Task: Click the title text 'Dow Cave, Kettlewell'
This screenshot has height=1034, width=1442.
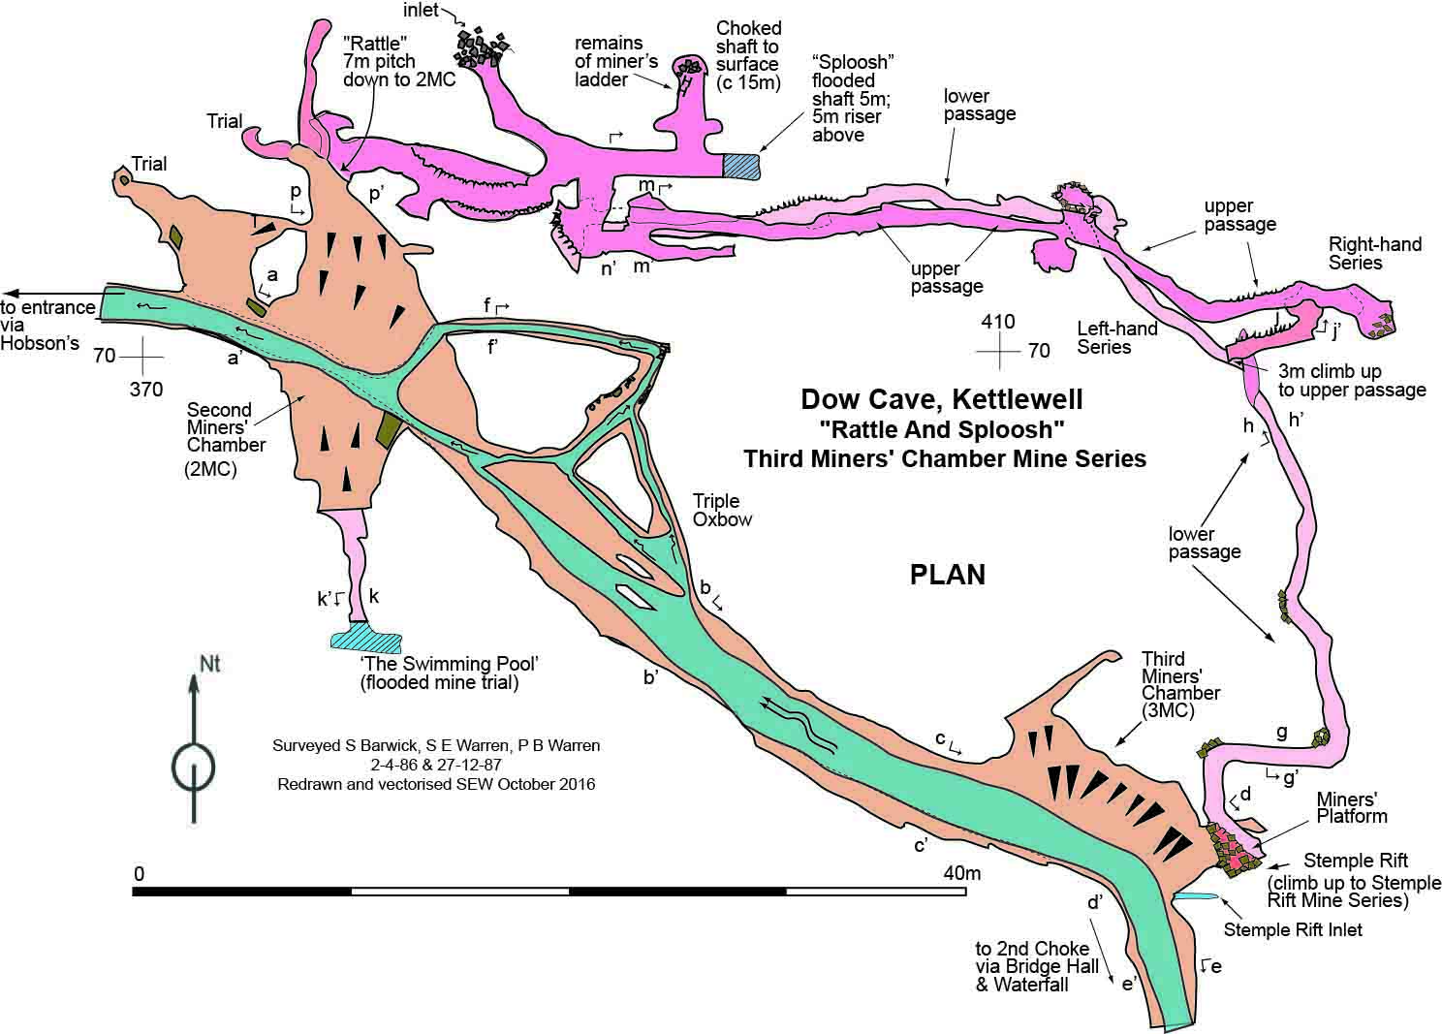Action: pos(942,398)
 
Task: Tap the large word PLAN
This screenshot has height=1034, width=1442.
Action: pos(947,575)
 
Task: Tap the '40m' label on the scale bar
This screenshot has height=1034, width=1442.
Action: pos(962,873)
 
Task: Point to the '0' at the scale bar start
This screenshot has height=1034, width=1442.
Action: pos(140,873)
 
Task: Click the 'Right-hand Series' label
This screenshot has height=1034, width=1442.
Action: pos(1374,253)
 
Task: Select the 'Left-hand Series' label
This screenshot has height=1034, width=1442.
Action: pos(1116,337)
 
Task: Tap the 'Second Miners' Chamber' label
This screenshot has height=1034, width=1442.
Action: pos(226,427)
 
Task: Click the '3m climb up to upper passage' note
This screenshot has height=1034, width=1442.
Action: pos(1351,380)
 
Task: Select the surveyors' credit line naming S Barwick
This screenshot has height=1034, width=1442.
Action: pos(436,745)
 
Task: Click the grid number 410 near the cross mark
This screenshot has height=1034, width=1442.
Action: pos(998,321)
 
